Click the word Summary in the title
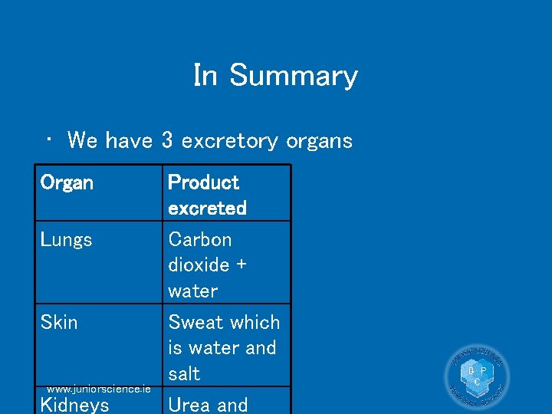293,76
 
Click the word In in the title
205,75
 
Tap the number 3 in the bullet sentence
167,140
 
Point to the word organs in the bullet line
319,141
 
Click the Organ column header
67,182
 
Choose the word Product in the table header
203,182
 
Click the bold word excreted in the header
207,208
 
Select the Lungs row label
66,240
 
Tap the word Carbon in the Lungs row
199,240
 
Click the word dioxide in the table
199,265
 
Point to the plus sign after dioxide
241,265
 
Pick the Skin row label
59,322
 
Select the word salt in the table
184,373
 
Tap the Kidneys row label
74,405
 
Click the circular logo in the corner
477,376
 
